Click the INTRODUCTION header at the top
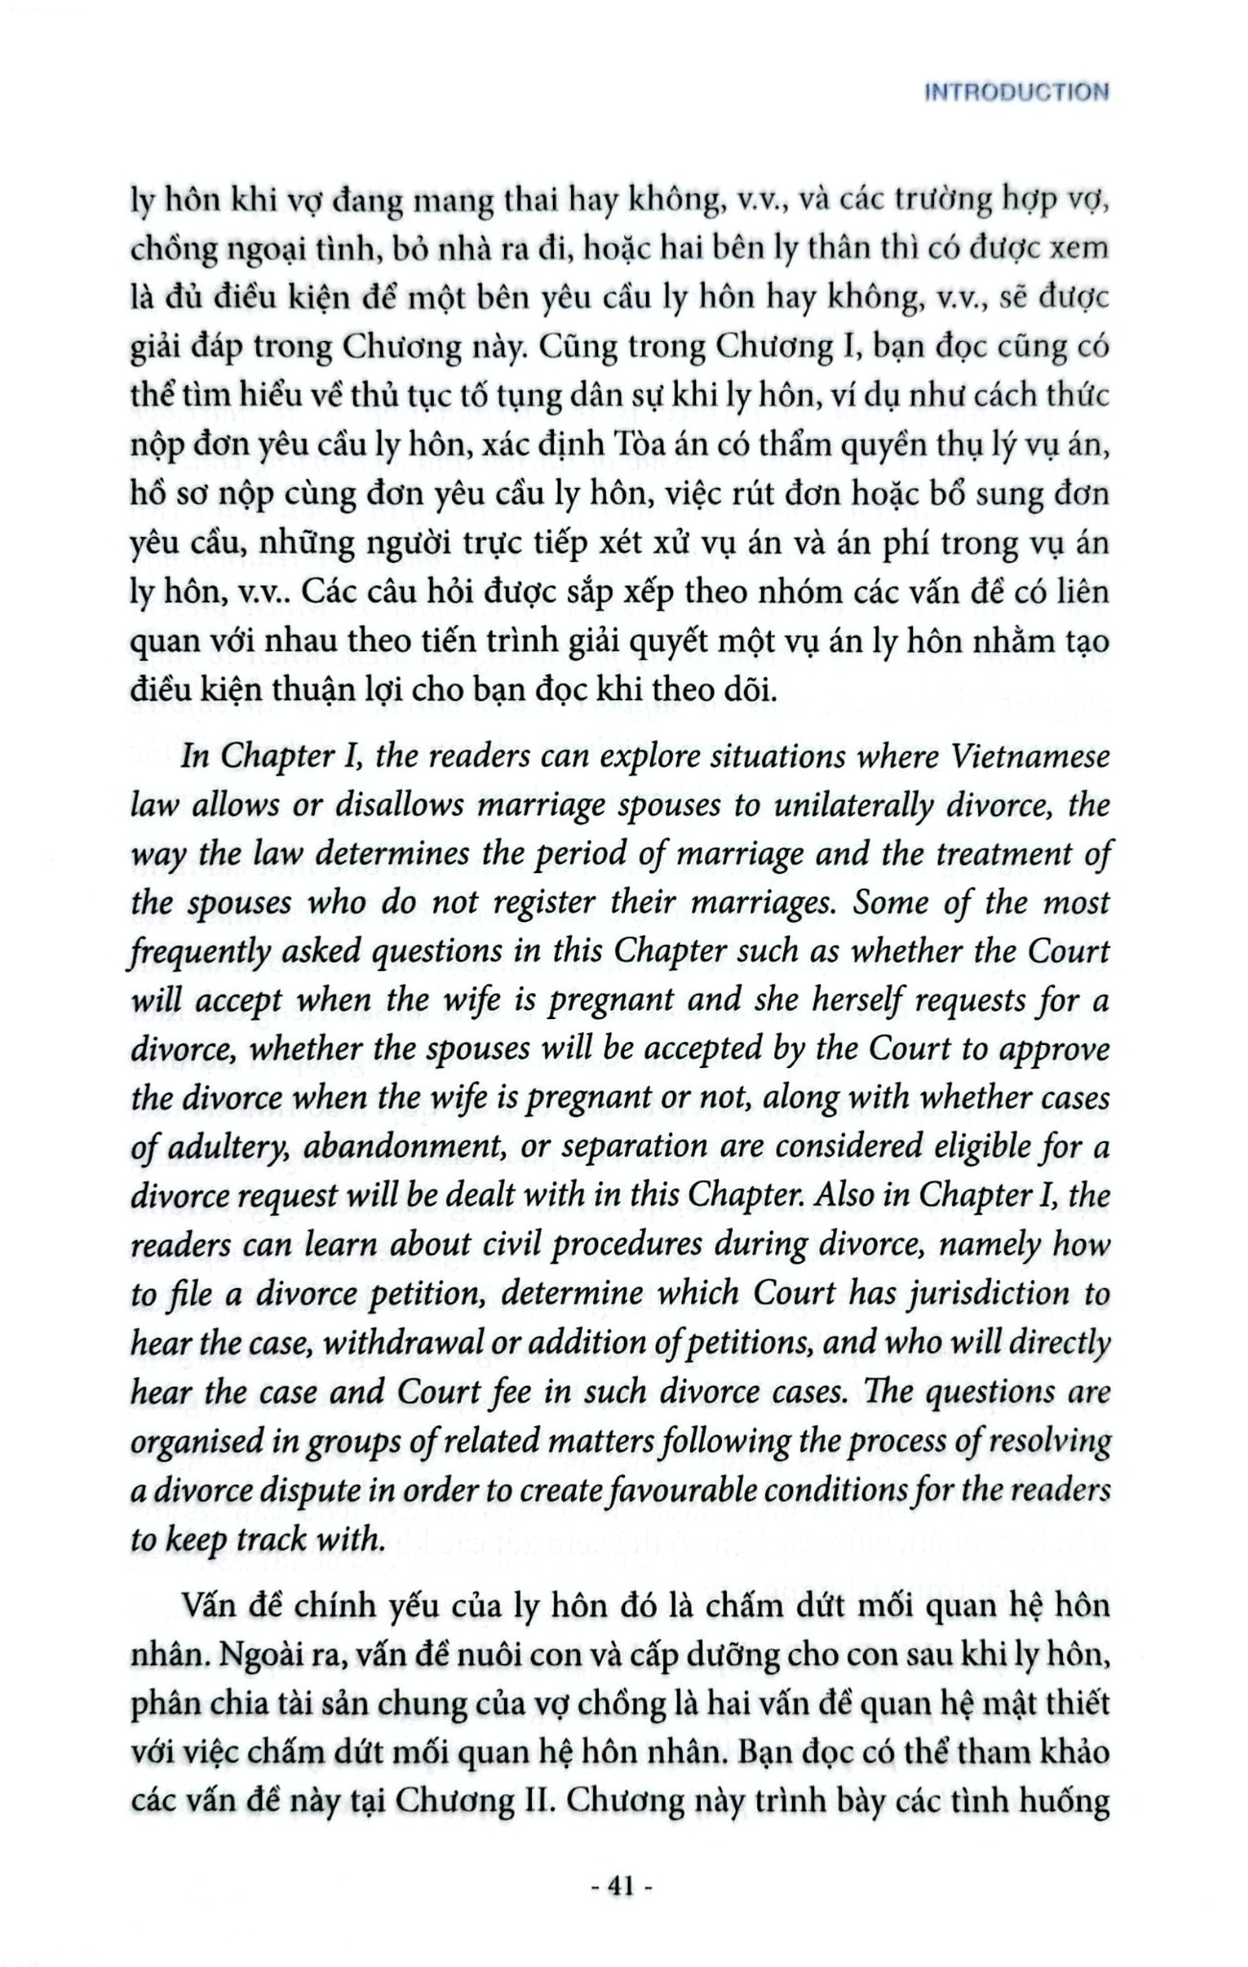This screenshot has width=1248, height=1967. tap(1014, 93)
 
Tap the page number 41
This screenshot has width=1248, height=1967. tap(623, 1886)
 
